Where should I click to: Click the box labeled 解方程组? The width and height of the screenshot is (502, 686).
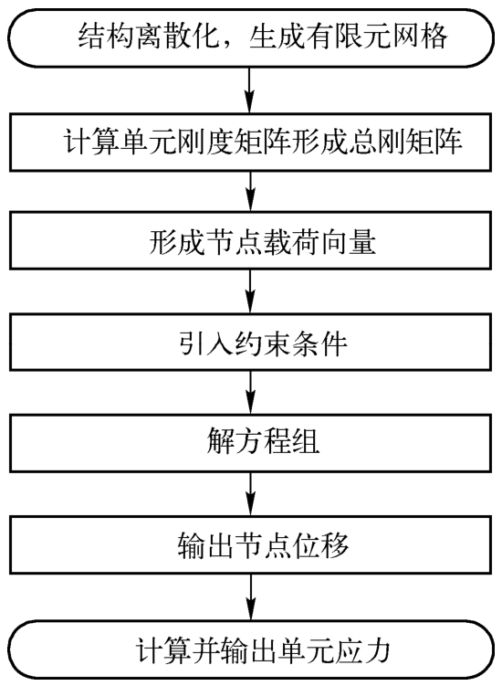[x=251, y=443]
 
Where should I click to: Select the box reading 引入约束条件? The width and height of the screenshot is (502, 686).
[x=251, y=342]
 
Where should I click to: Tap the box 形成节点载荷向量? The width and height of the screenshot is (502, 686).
[x=251, y=240]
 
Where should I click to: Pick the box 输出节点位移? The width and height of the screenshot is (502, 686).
[x=251, y=544]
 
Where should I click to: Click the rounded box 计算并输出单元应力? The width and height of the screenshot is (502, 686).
[x=251, y=649]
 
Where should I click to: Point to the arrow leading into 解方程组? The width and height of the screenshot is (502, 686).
[x=251, y=393]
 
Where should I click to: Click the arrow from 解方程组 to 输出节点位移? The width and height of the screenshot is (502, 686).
[x=251, y=494]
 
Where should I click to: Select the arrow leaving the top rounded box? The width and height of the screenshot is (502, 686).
[x=250, y=90]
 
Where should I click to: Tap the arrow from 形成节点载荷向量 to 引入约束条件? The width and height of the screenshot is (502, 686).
[x=251, y=291]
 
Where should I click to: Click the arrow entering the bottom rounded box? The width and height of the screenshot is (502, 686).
[x=251, y=597]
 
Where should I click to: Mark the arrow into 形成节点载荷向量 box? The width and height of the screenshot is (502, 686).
[x=251, y=191]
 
